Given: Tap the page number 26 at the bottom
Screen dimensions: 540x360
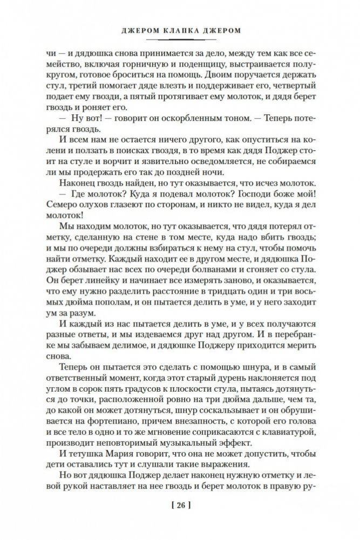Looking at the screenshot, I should coord(181,507).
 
